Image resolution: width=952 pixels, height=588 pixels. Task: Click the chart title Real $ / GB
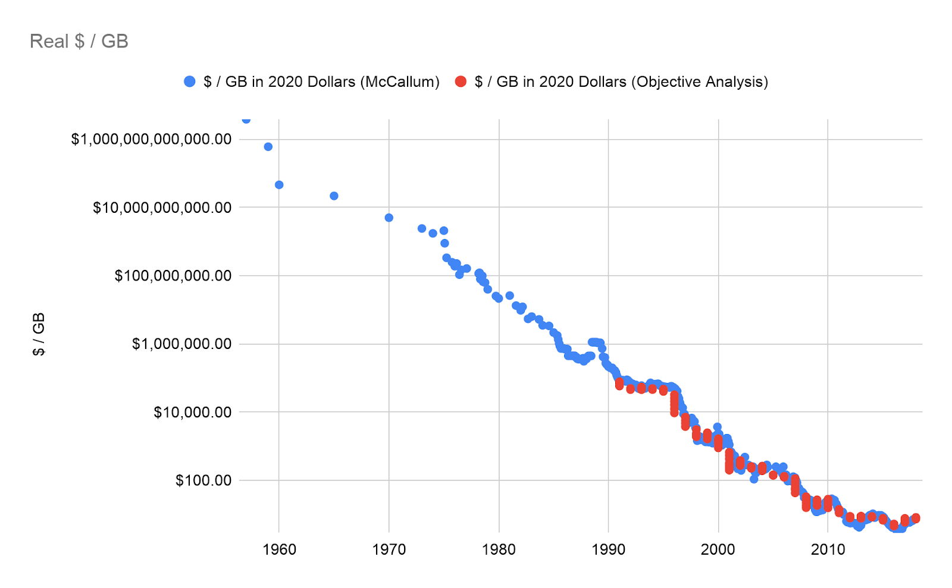pos(79,41)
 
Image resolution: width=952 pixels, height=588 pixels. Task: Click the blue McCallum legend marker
pos(190,81)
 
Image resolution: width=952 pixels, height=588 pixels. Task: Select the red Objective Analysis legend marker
pos(461,81)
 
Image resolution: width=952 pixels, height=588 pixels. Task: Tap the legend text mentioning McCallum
pos(321,81)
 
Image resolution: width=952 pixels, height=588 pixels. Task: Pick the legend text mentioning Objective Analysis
pos(621,81)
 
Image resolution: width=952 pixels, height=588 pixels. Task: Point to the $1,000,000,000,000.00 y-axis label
pos(151,139)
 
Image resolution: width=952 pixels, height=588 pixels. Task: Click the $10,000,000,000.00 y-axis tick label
pos(162,207)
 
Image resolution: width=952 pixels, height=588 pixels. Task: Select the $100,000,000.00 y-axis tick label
pos(173,276)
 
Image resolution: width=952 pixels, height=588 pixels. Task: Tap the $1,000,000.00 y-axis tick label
pos(181,344)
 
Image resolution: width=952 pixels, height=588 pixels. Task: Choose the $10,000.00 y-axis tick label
pos(192,412)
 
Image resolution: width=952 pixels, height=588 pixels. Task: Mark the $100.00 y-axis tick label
pos(203,480)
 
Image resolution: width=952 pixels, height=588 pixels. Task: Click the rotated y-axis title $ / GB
pos(39,334)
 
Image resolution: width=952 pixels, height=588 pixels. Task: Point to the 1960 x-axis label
pos(279,549)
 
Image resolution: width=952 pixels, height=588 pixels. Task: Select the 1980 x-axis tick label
pos(499,549)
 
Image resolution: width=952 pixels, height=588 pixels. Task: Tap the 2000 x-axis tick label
pos(718,549)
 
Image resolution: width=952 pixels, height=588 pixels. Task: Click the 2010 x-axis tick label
pos(828,549)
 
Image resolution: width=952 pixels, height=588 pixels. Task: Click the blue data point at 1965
pos(334,196)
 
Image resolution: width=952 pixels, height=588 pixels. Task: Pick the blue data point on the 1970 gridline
pos(389,218)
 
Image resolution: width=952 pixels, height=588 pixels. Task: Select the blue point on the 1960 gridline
pos(279,185)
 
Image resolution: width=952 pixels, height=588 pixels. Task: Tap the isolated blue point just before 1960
pos(268,146)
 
